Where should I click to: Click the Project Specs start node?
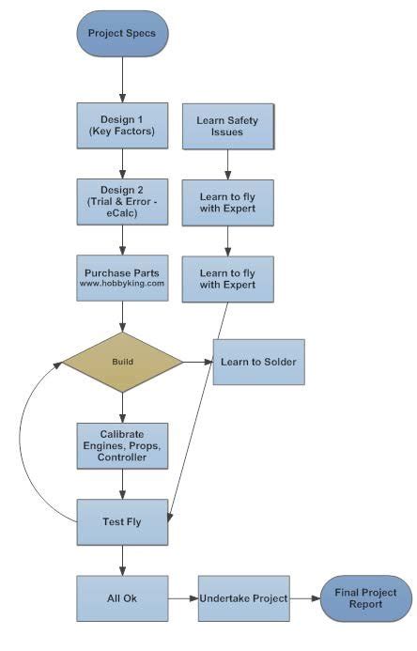pos(122,34)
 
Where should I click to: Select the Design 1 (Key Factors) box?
pos(122,125)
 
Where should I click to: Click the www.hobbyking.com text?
pos(122,282)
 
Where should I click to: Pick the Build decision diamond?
pos(122,361)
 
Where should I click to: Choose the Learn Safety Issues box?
pos(227,126)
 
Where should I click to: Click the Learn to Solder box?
pos(259,361)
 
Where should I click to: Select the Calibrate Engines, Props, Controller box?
pos(122,444)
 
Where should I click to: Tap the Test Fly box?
pos(122,520)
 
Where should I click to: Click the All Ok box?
pos(122,598)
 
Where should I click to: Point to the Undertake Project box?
pos(241,598)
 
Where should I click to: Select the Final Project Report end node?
pos(365,598)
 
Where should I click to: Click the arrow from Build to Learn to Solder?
pos(197,361)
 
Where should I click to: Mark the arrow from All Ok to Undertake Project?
pos(183,598)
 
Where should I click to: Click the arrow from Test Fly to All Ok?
pos(122,560)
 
